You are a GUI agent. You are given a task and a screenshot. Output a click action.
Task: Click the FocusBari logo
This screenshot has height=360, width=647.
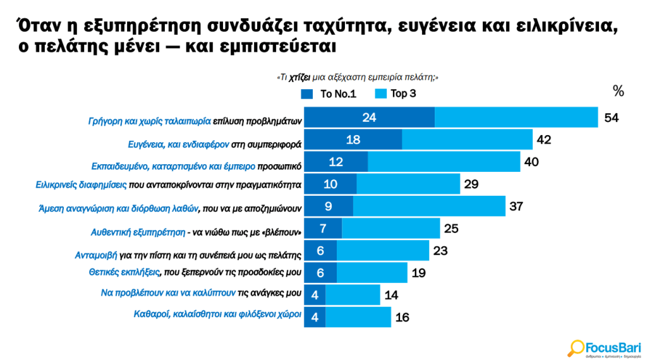pyautogui.click(x=605, y=347)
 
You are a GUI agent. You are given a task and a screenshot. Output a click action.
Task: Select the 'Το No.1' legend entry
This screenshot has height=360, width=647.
pyautogui.click(x=329, y=94)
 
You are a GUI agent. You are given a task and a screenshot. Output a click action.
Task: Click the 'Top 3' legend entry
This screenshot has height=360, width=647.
pyautogui.click(x=395, y=94)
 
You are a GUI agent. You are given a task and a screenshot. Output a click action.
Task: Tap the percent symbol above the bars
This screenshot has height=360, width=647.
pyautogui.click(x=618, y=91)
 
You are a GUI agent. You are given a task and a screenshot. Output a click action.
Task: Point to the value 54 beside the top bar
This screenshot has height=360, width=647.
pyautogui.click(x=611, y=118)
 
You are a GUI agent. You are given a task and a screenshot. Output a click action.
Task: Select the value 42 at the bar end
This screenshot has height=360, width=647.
pyautogui.click(x=544, y=140)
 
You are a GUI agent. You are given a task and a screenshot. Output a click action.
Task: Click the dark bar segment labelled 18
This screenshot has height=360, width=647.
pyautogui.click(x=353, y=140)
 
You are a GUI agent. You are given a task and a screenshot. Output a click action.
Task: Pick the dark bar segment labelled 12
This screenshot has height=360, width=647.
pyautogui.click(x=336, y=162)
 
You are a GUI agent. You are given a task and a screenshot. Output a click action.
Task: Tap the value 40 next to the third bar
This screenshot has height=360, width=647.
pyautogui.click(x=531, y=162)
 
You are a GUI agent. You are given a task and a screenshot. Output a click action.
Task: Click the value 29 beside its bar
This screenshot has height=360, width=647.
pyautogui.click(x=471, y=184)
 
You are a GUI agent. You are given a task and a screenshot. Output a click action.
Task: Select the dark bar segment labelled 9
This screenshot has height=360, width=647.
pyautogui.click(x=329, y=205)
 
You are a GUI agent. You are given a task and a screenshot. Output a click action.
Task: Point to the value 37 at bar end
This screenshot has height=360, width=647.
pyautogui.click(x=517, y=205)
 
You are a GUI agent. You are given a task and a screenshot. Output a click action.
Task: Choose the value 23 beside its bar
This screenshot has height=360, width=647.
pyautogui.click(x=440, y=250)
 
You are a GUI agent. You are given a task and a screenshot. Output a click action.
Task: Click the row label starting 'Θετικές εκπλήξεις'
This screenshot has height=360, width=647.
pyautogui.click(x=193, y=273)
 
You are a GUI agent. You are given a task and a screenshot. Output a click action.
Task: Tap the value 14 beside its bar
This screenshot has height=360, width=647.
pyautogui.click(x=391, y=294)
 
